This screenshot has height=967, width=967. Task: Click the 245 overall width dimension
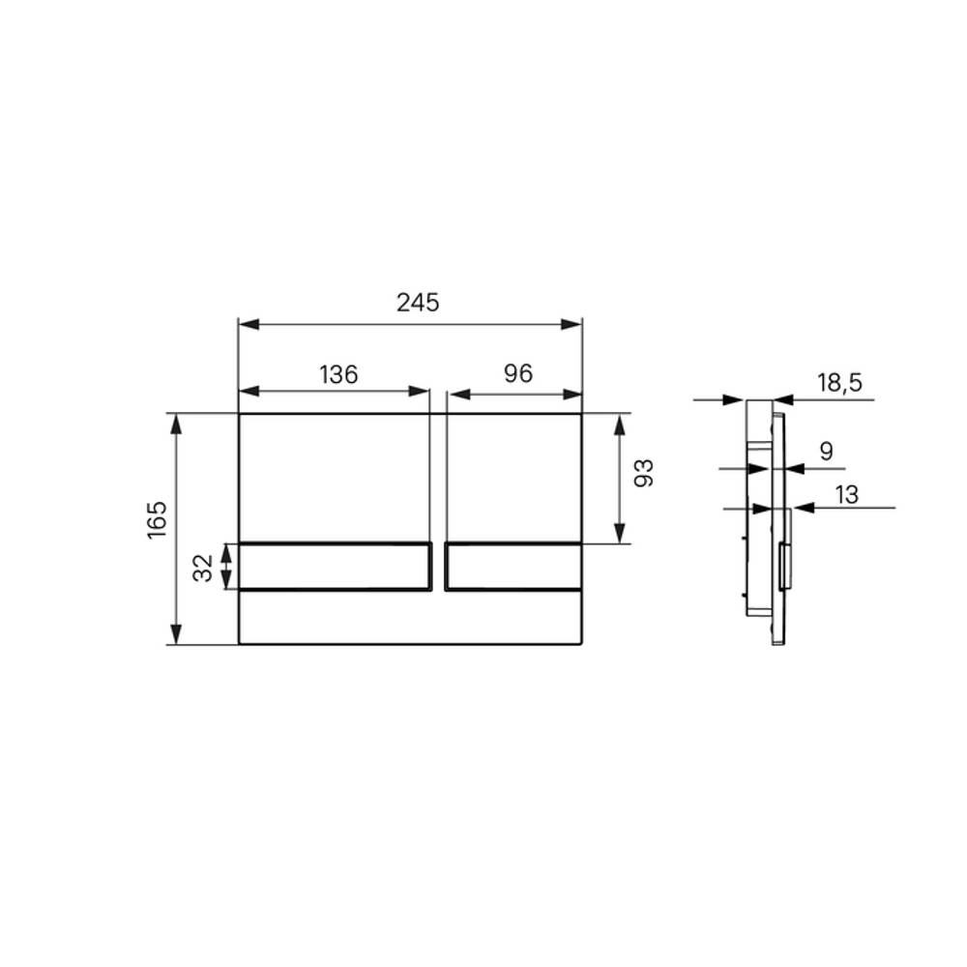coord(418,303)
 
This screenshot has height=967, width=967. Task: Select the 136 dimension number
coord(338,374)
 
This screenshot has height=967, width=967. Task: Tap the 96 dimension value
coord(518,373)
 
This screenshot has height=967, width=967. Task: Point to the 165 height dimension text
coord(157,520)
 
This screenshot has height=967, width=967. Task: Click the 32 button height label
coord(203,568)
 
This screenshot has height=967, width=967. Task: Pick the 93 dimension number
coord(643,473)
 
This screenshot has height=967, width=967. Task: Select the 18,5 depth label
coord(840,383)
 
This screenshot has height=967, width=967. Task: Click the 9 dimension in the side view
coord(827,452)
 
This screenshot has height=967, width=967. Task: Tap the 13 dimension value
coord(847,494)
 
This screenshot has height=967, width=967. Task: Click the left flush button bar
coord(335,566)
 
